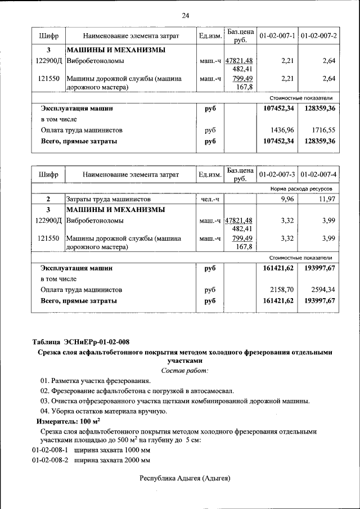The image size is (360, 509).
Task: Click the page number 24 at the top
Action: pos(185,15)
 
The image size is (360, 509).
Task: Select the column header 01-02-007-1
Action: pos(277,35)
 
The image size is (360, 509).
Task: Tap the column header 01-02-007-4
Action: pos(318,173)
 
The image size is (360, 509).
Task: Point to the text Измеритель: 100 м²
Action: pos(68,421)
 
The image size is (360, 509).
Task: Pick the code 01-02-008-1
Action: pos(50,450)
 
